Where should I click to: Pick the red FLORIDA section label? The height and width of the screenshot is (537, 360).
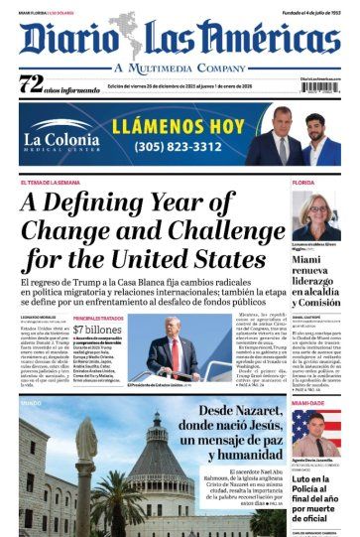click(302, 184)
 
